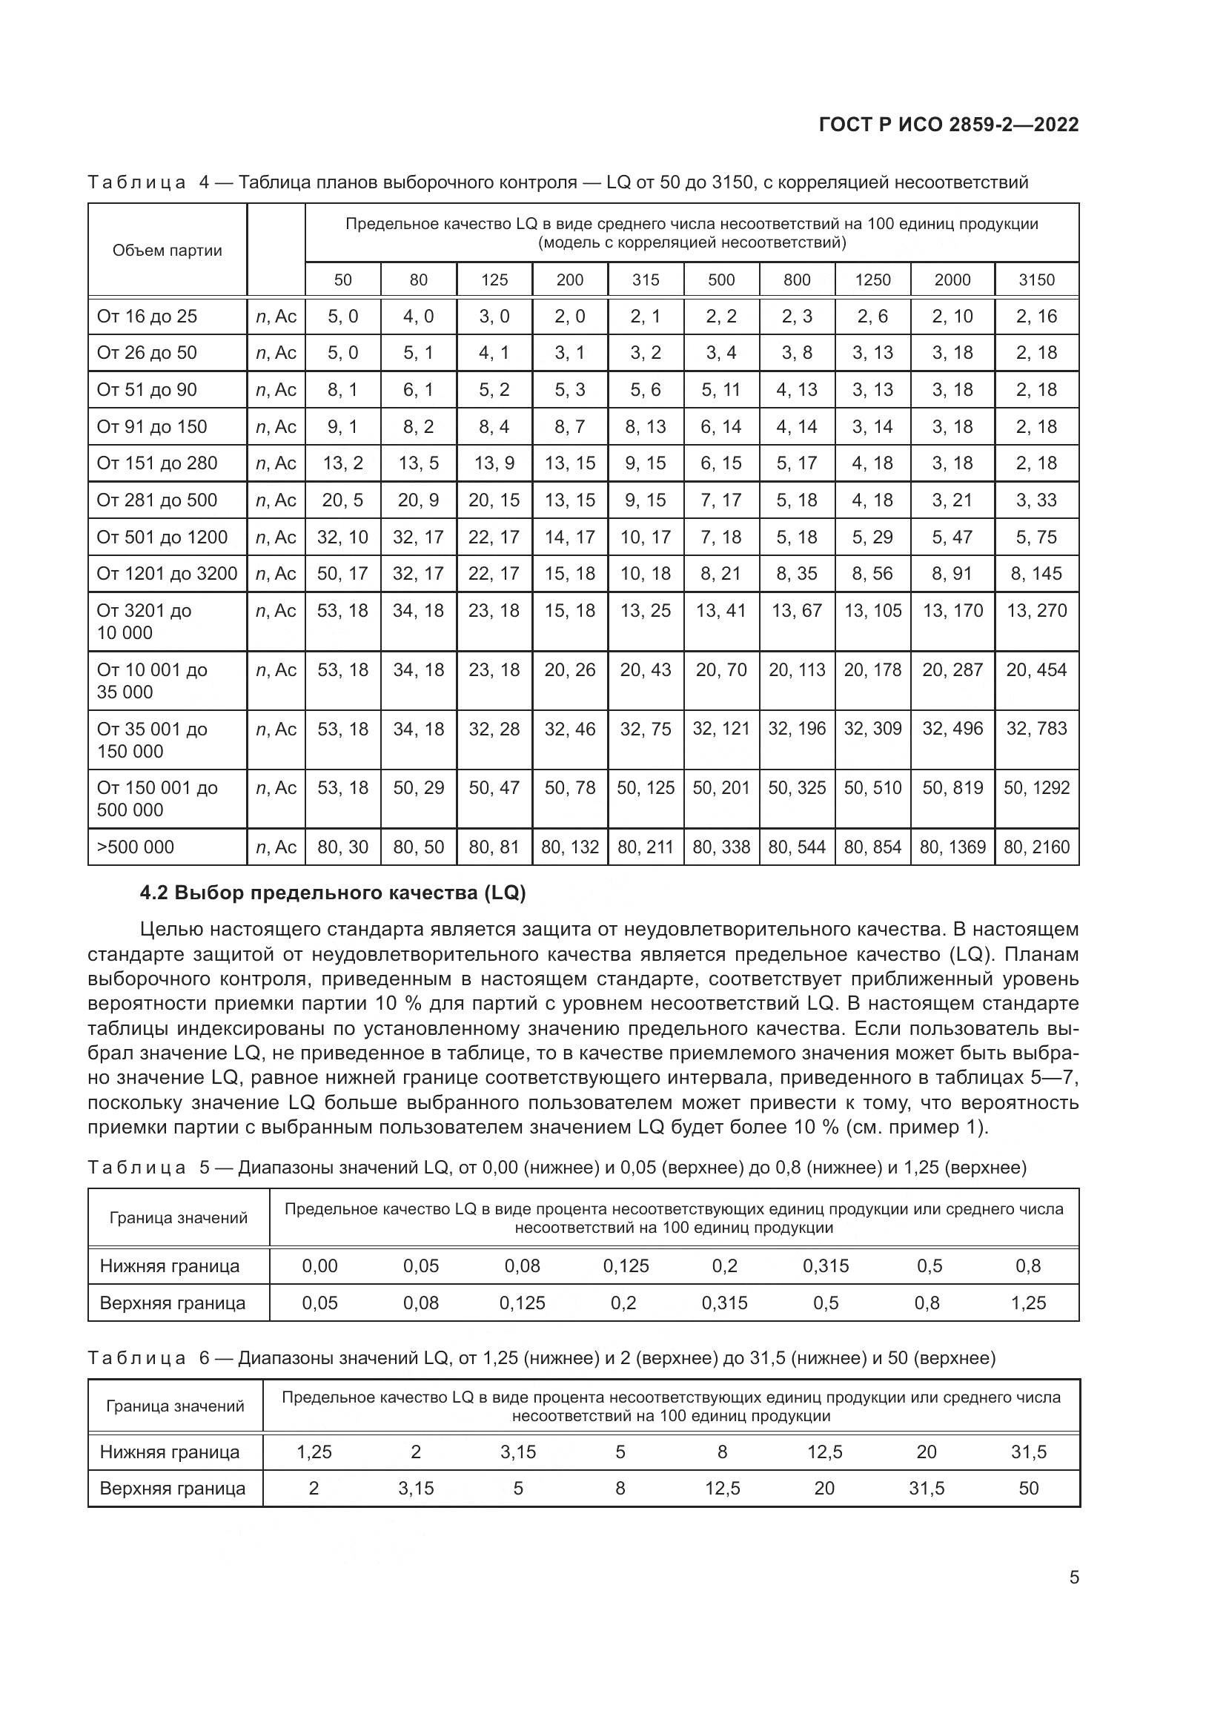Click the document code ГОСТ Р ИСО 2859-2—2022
pos(948,125)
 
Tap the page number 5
pos(1073,1577)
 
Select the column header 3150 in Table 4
pos(1036,279)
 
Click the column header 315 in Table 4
pos(646,279)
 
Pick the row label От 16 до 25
pos(147,317)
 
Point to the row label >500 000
pos(135,847)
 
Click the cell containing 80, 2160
pos(1036,847)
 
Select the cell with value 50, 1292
pos(1036,788)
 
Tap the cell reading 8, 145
pos(1036,573)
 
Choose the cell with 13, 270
pos(1036,610)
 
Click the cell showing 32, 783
pos(1036,729)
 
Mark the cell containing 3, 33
pos(1036,500)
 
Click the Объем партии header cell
pos(167,251)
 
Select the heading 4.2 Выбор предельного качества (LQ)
pos(332,893)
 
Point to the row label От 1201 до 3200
pos(167,573)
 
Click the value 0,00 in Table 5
pos(319,1265)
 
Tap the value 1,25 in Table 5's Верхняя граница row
pos(1027,1303)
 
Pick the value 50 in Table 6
pos(1028,1488)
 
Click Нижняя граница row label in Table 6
pos(169,1451)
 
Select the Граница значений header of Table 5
pos(178,1217)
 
